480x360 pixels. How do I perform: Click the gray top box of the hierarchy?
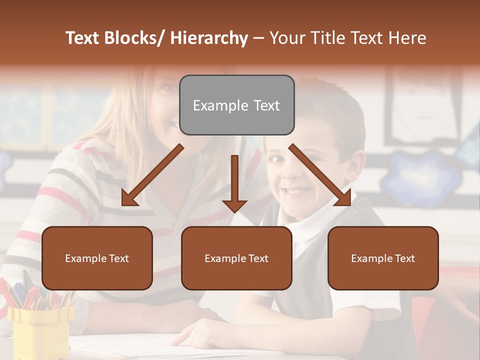236,105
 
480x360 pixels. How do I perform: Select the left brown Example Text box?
97,258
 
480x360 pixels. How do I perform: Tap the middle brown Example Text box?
236,258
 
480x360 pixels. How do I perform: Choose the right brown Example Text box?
383,258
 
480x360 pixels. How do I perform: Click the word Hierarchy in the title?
209,38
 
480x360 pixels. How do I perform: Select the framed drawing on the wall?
425,105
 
